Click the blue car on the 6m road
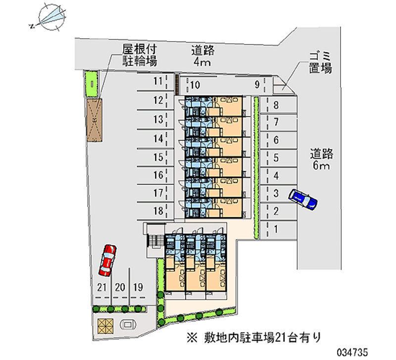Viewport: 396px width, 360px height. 303,199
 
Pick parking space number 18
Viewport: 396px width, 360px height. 157,211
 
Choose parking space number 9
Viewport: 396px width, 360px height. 257,85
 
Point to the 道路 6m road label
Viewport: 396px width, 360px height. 321,159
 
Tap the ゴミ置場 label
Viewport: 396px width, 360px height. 320,62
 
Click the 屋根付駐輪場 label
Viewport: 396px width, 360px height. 140,55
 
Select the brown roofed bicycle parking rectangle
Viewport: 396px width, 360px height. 94,120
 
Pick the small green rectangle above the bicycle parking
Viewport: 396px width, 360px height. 92,84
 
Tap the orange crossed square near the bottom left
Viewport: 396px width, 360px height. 105,324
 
